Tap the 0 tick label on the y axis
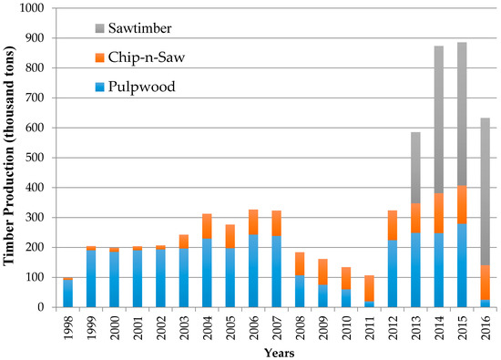click(40, 307)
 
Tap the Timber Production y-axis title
click(11, 157)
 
